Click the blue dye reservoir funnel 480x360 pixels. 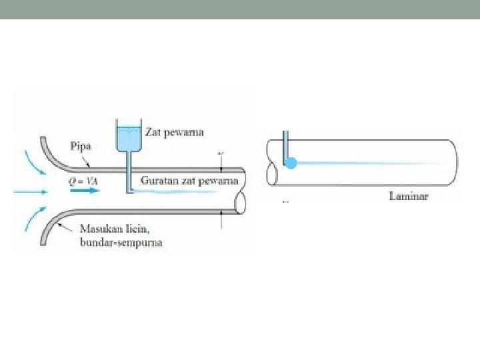129,139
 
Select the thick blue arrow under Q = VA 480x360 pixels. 83,191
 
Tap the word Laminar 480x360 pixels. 409,196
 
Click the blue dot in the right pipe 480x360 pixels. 291,163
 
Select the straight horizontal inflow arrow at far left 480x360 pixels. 31,191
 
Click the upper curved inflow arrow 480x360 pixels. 33,163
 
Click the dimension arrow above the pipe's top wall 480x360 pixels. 221,160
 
